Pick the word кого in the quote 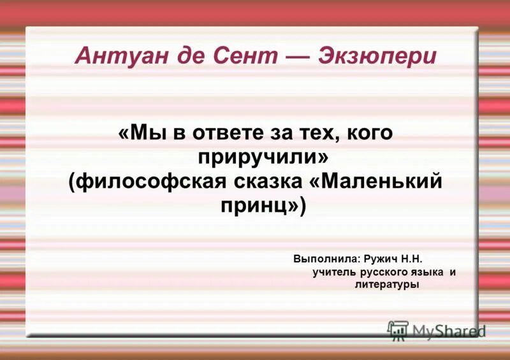pyautogui.click(x=366, y=134)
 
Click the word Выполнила pyautogui.click(x=326, y=259)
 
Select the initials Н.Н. pyautogui.click(x=412, y=259)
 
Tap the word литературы pyautogui.click(x=387, y=285)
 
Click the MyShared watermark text pyautogui.click(x=449, y=331)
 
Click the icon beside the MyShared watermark pyautogui.click(x=398, y=330)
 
